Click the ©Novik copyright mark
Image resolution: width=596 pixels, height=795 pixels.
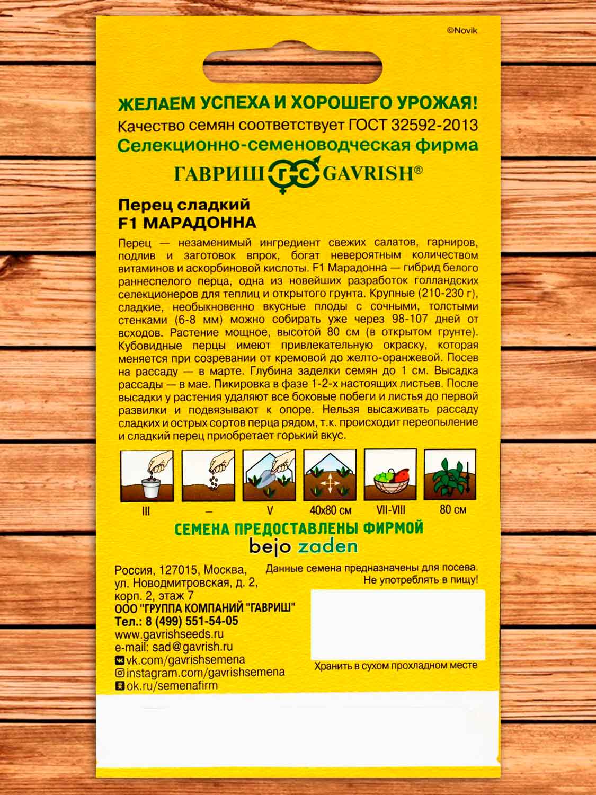pos(462,31)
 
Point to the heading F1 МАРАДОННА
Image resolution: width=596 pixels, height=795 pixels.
pos(186,223)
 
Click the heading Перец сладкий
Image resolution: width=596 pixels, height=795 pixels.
pos(183,205)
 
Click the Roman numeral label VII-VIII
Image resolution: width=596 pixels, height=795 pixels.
pos(390,510)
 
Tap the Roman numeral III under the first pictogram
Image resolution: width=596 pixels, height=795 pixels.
pos(147,511)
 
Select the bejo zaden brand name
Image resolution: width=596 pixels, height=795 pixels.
pos(304,546)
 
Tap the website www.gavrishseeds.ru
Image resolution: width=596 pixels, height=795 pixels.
pos(169,634)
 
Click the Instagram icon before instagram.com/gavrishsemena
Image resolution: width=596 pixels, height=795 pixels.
pos(120,673)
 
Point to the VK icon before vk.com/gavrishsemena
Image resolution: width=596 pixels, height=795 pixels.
pos(120,660)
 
